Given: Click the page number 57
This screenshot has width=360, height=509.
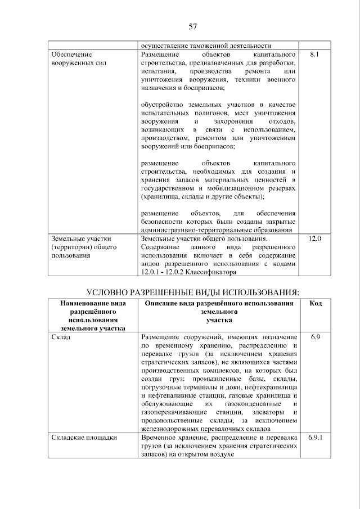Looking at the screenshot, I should click(x=192, y=26).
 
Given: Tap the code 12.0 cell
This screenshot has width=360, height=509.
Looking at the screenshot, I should click(x=314, y=239).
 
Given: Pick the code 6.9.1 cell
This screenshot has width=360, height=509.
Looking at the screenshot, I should click(x=316, y=437).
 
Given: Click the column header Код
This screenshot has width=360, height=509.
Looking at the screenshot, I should click(x=316, y=304).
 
